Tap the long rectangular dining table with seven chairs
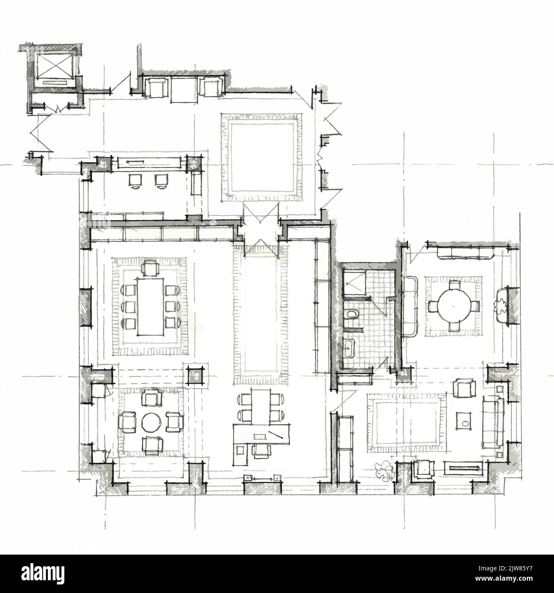150,306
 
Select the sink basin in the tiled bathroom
349,348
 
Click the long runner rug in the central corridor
260,314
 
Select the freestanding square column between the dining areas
196,375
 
